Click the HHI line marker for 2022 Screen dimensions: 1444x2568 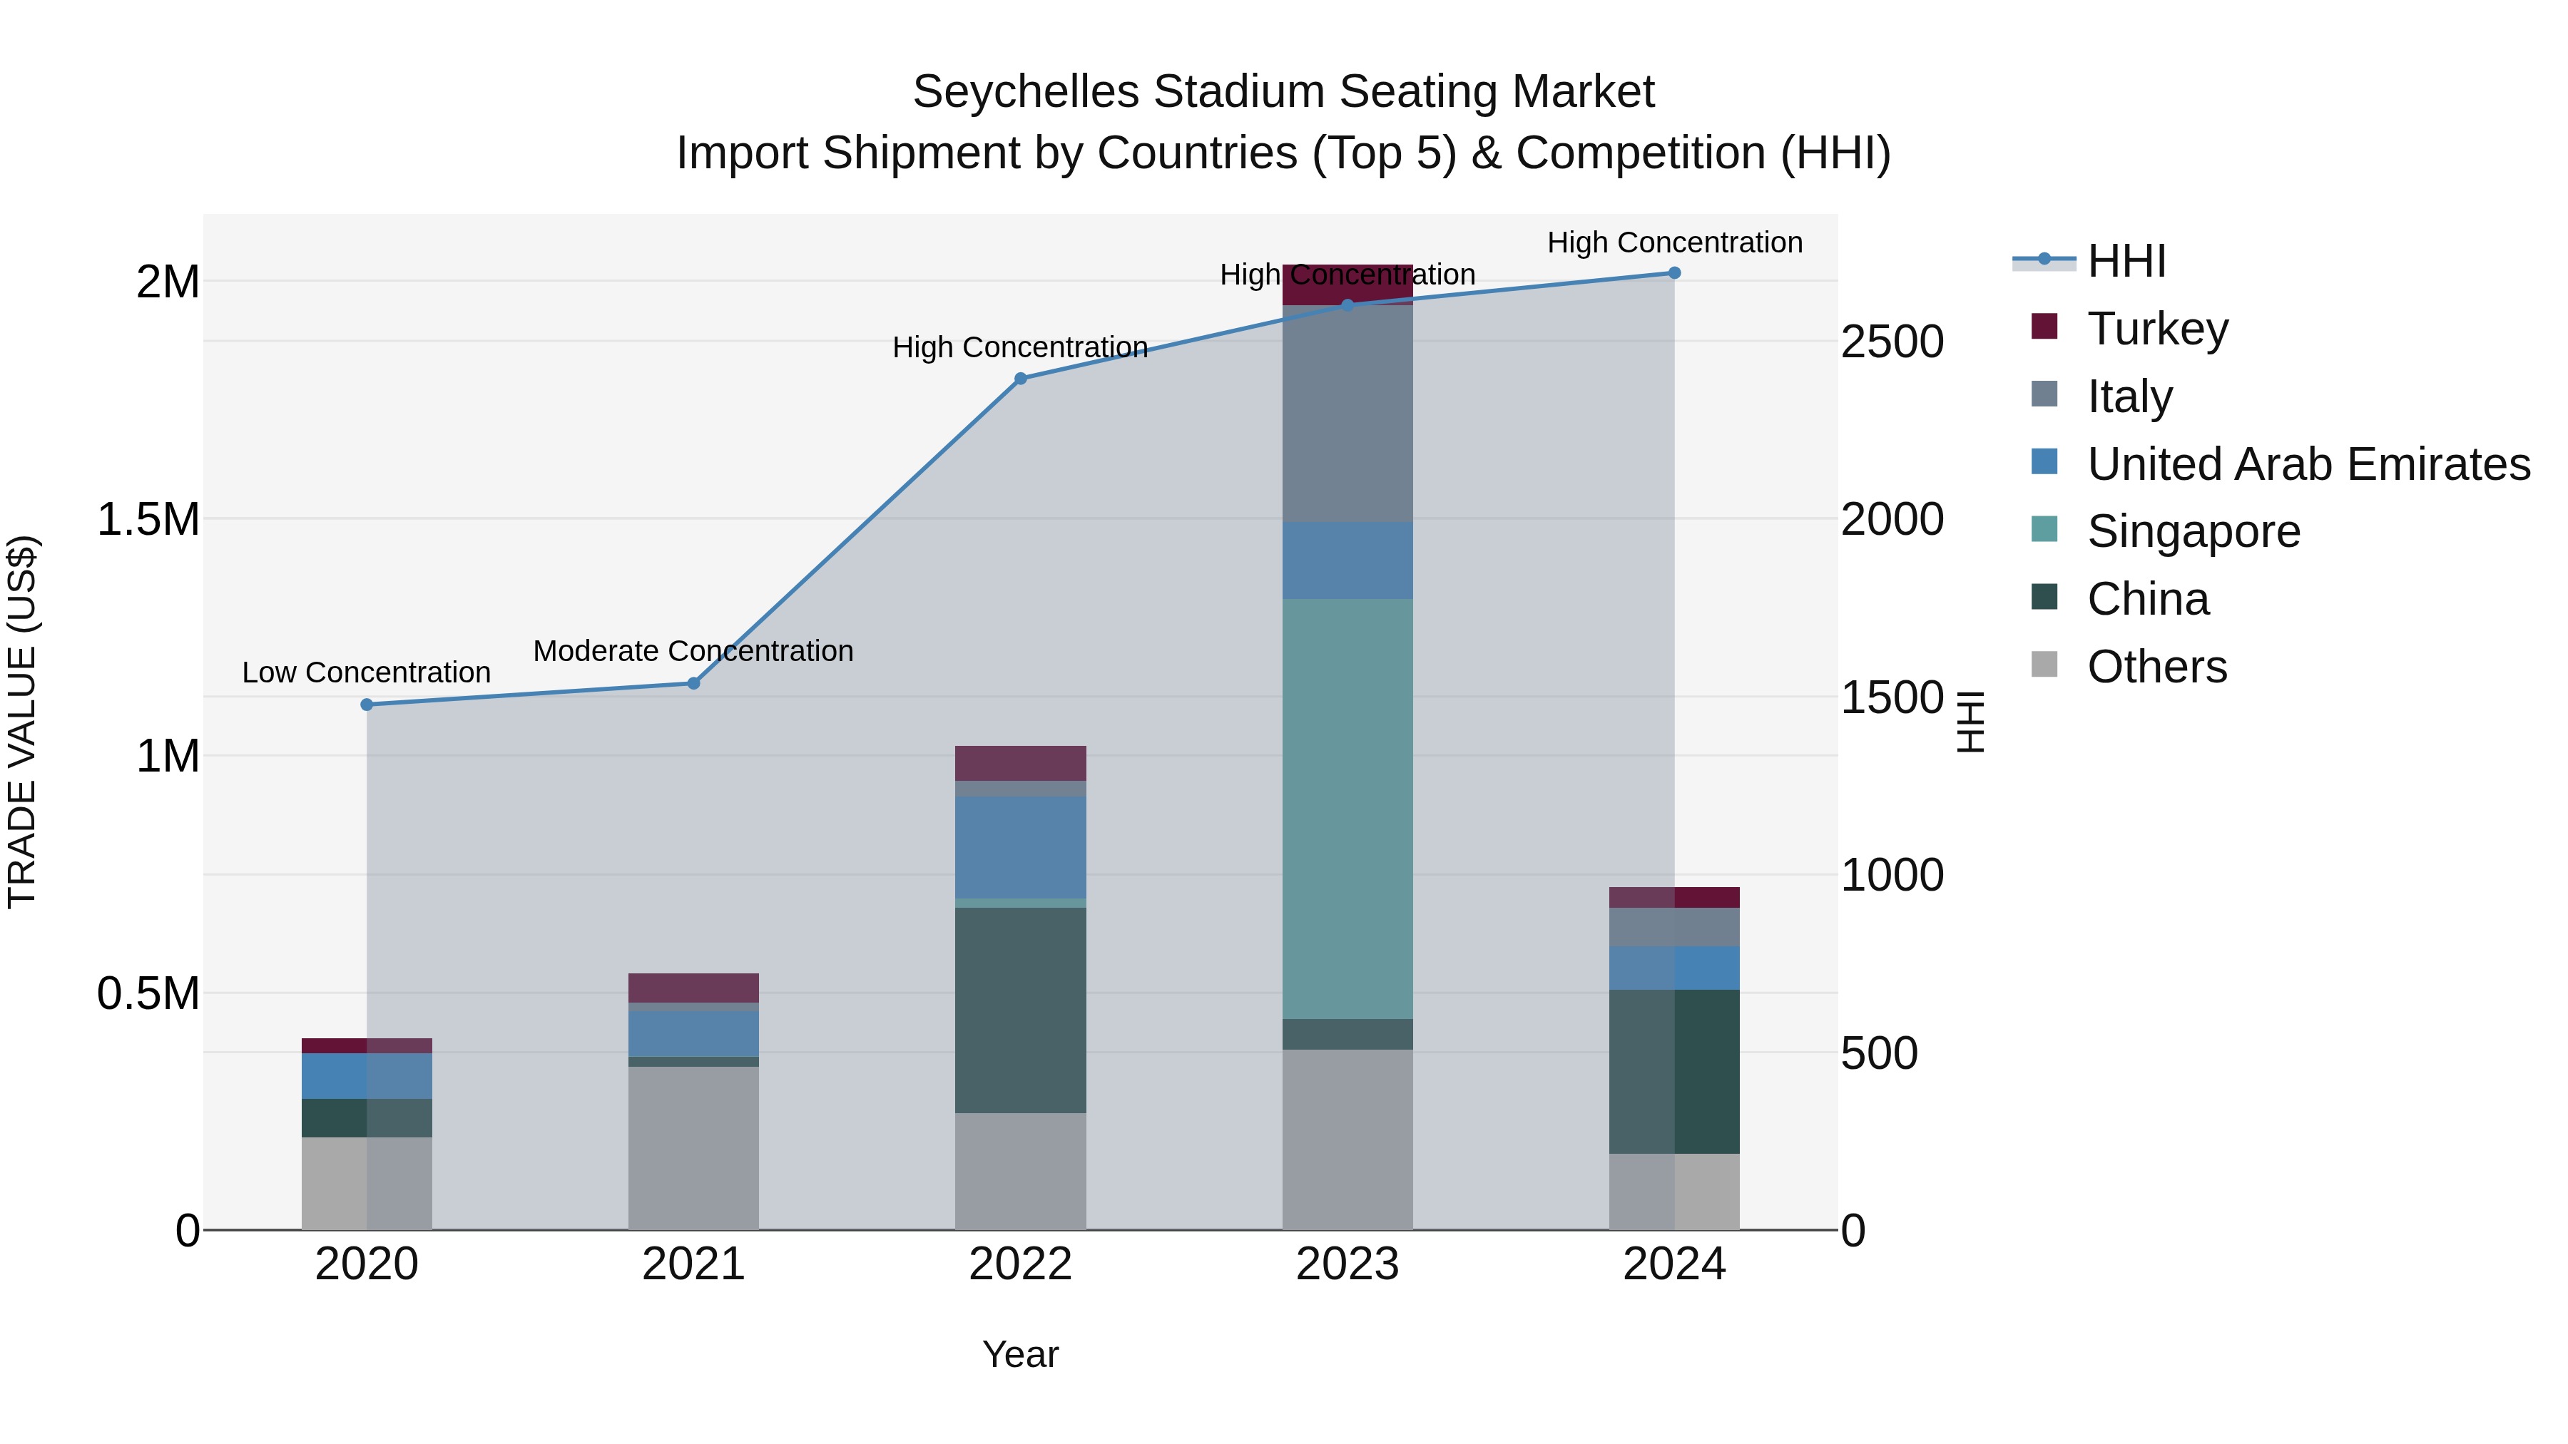[x=1020, y=379]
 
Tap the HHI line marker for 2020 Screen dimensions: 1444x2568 [x=367, y=705]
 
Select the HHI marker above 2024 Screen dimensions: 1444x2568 [x=1673, y=273]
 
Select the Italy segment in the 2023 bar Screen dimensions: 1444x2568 [x=1347, y=414]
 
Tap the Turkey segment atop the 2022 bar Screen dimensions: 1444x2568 [x=1020, y=762]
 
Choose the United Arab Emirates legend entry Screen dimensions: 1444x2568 [x=2308, y=464]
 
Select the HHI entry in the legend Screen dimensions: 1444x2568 [x=2126, y=261]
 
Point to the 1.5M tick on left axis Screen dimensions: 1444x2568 [x=148, y=519]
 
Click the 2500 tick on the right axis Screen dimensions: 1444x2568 [x=1891, y=342]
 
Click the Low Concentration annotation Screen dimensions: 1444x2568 [x=366, y=672]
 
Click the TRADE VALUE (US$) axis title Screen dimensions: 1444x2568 [x=22, y=722]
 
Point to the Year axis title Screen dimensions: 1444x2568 [x=1020, y=1354]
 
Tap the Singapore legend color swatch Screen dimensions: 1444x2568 [x=2044, y=529]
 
